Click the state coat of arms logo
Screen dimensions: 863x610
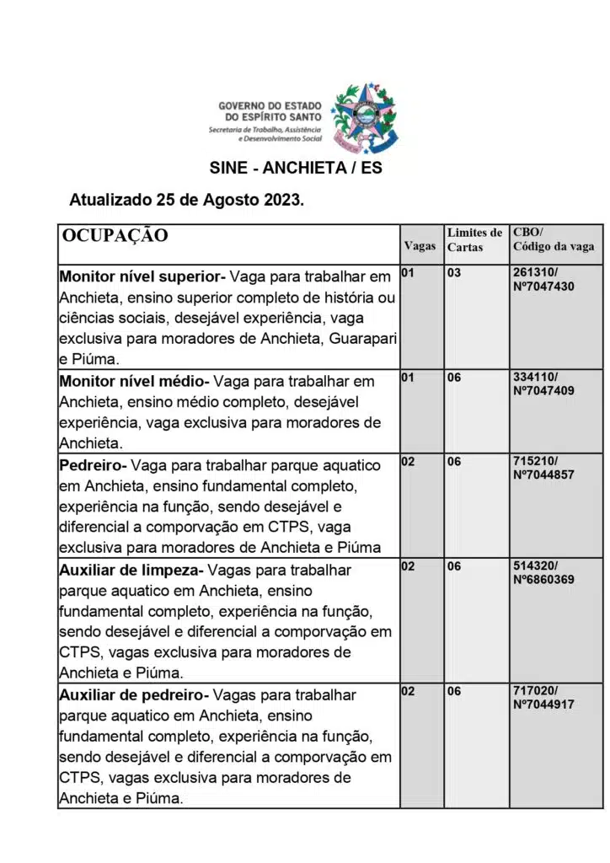pyautogui.click(x=365, y=117)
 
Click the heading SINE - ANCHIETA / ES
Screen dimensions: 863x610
pyautogui.click(x=295, y=168)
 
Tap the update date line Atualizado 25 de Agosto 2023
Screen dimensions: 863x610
pyautogui.click(x=186, y=201)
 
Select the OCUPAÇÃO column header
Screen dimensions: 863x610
pyautogui.click(x=115, y=235)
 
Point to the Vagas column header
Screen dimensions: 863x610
pyautogui.click(x=420, y=246)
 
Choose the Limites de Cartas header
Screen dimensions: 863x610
pyautogui.click(x=474, y=239)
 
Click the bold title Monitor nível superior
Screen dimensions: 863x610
pyautogui.click(x=138, y=276)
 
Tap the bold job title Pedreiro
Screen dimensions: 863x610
pyautogui.click(x=91, y=465)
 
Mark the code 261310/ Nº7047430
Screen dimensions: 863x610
pyautogui.click(x=543, y=280)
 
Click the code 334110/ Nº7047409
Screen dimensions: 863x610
pyautogui.click(x=543, y=384)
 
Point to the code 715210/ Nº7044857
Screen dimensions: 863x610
pyautogui.click(x=543, y=469)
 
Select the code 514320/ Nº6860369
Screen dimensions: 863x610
pyautogui.click(x=543, y=573)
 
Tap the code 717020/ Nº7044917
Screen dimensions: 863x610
pyautogui.click(x=543, y=698)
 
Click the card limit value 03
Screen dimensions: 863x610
pyautogui.click(x=454, y=273)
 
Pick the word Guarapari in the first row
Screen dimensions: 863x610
pyautogui.click(x=363, y=339)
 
